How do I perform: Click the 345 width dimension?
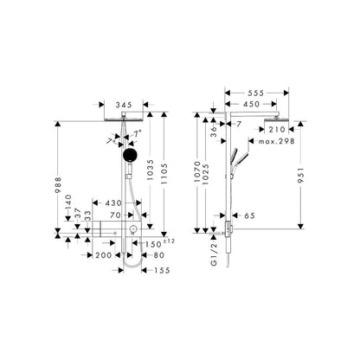click(124, 105)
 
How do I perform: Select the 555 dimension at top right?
click(256, 93)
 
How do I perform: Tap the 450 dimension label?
click(251, 104)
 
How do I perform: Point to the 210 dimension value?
click(277, 130)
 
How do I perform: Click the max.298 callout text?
click(277, 141)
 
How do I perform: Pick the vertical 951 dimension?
click(301, 175)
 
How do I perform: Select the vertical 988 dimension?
click(58, 185)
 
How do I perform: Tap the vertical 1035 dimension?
click(150, 170)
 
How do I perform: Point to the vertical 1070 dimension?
click(197, 171)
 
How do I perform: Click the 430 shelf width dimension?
click(113, 203)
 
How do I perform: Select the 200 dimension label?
click(104, 255)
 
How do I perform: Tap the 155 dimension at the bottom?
click(162, 270)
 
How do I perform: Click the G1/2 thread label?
click(214, 254)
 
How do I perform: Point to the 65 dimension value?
click(249, 215)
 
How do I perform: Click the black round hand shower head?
click(130, 155)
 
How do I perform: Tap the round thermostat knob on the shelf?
click(132, 228)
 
